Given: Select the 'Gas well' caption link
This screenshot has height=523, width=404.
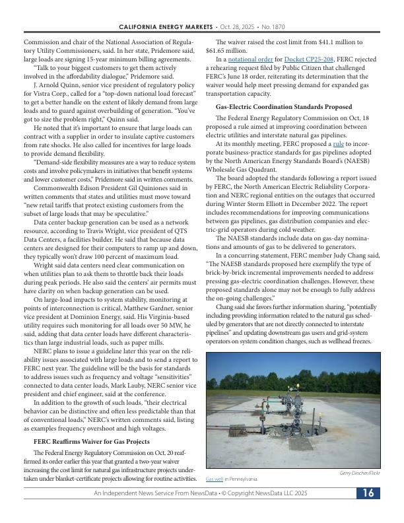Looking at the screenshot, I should (x=215, y=479).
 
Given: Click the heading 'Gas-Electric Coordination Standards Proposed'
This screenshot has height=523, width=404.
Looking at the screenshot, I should (x=284, y=107).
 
